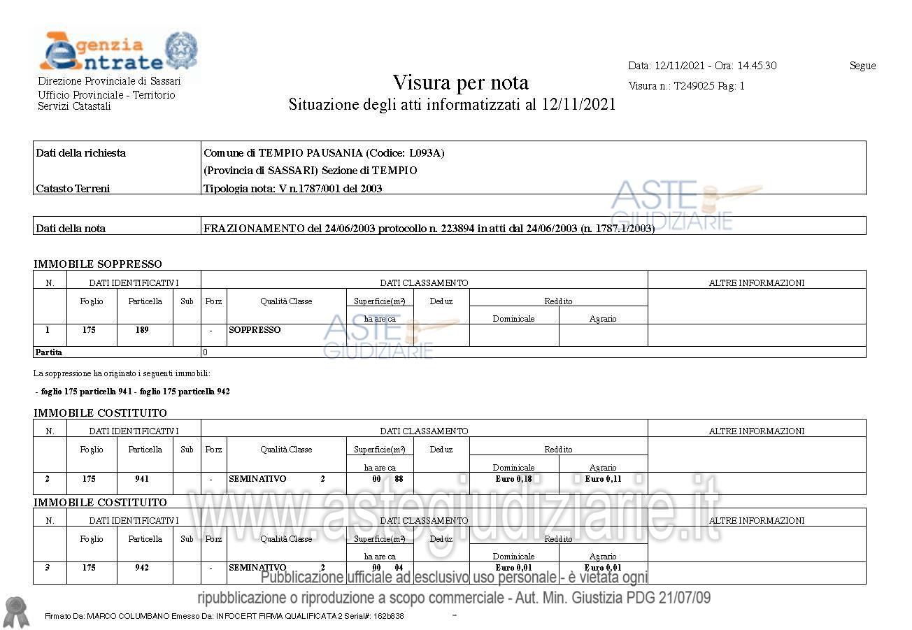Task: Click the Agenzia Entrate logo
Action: pos(117,52)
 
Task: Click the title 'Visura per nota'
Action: pos(460,83)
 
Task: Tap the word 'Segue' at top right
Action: pos(862,66)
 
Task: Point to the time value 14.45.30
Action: pos(756,66)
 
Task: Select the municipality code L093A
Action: pos(425,153)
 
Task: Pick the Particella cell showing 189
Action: pos(142,330)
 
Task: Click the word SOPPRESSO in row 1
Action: pos(255,330)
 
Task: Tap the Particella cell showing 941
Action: pos(142,479)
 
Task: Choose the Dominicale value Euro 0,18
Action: pos(513,479)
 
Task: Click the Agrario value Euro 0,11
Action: pos(603,479)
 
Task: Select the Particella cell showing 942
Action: pos(142,568)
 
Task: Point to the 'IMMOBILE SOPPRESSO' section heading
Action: pos(97,264)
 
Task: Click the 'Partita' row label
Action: pos(48,352)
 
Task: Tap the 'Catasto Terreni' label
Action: pos(73,188)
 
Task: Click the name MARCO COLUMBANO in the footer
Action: pos(128,616)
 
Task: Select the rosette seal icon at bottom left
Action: pos(16,610)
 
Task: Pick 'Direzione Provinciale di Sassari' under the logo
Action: pos(109,81)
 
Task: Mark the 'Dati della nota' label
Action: pos(71,229)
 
